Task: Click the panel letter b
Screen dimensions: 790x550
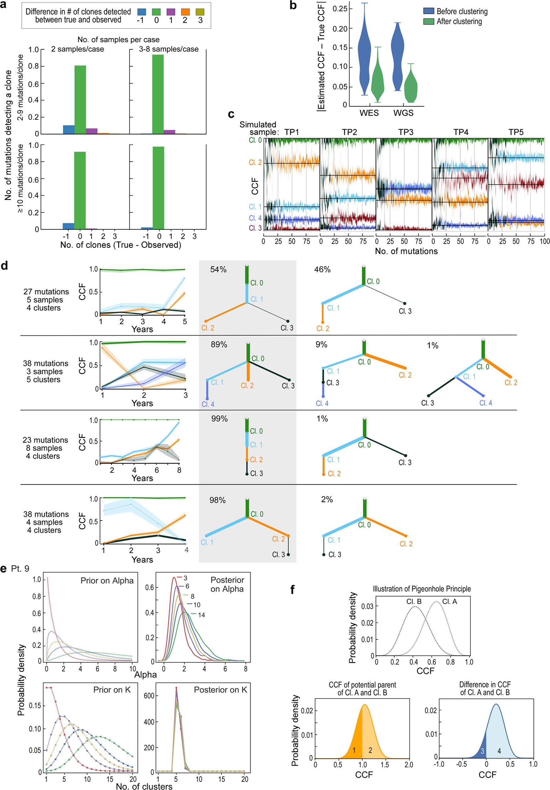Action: (x=293, y=6)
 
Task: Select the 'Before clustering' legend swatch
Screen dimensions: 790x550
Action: (x=428, y=11)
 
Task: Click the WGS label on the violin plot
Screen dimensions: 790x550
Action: (x=403, y=113)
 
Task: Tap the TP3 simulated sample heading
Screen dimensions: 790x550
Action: (x=406, y=132)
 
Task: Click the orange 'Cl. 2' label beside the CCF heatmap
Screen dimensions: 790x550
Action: (x=255, y=162)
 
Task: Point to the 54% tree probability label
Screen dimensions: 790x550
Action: (x=218, y=270)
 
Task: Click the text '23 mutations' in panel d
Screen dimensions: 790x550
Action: (x=45, y=440)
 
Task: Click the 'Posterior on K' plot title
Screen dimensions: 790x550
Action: (x=220, y=690)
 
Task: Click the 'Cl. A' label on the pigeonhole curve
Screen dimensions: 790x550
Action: (x=449, y=601)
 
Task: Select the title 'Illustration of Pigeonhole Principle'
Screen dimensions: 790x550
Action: (x=422, y=589)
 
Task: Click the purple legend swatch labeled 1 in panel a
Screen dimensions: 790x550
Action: (x=171, y=12)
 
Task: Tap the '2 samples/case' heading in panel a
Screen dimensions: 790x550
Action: (x=77, y=49)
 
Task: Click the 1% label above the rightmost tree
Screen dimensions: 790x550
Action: (x=432, y=345)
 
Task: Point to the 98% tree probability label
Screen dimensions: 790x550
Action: (x=217, y=500)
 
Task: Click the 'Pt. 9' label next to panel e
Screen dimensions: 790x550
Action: (x=20, y=569)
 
